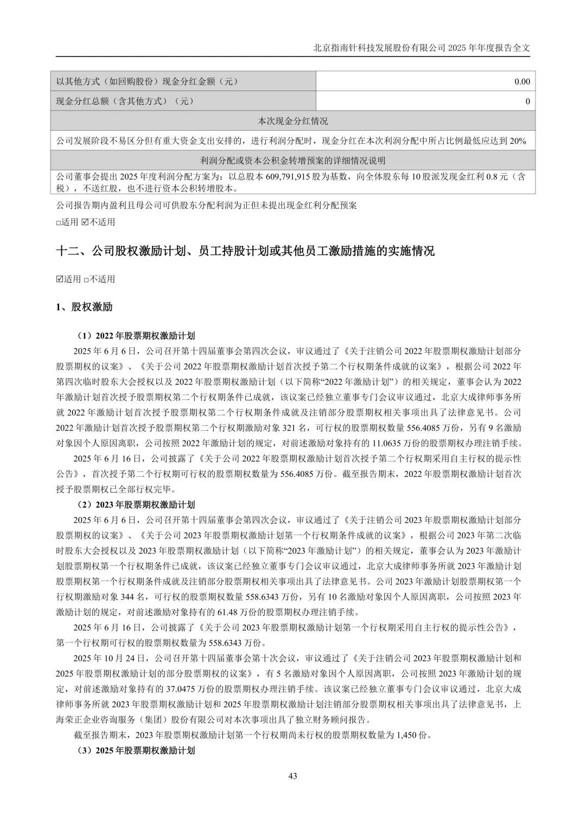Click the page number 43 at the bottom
click(292, 776)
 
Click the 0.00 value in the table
click(522, 82)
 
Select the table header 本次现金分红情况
click(292, 121)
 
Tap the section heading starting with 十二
click(245, 251)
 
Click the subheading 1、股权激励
click(84, 307)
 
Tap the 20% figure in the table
click(518, 141)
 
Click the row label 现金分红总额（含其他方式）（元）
click(125, 101)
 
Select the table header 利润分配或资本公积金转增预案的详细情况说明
click(292, 161)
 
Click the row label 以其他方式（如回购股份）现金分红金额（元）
click(148, 82)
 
